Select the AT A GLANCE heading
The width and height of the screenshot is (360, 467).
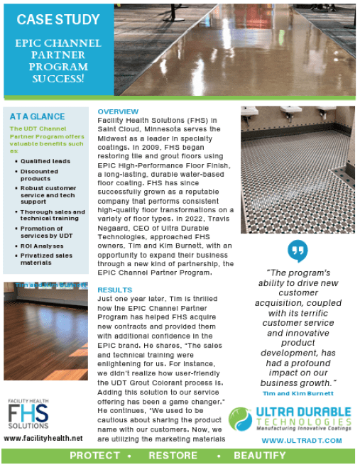pyautogui.click(x=38, y=116)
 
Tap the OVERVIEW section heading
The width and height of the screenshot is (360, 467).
pyautogui.click(x=119, y=112)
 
